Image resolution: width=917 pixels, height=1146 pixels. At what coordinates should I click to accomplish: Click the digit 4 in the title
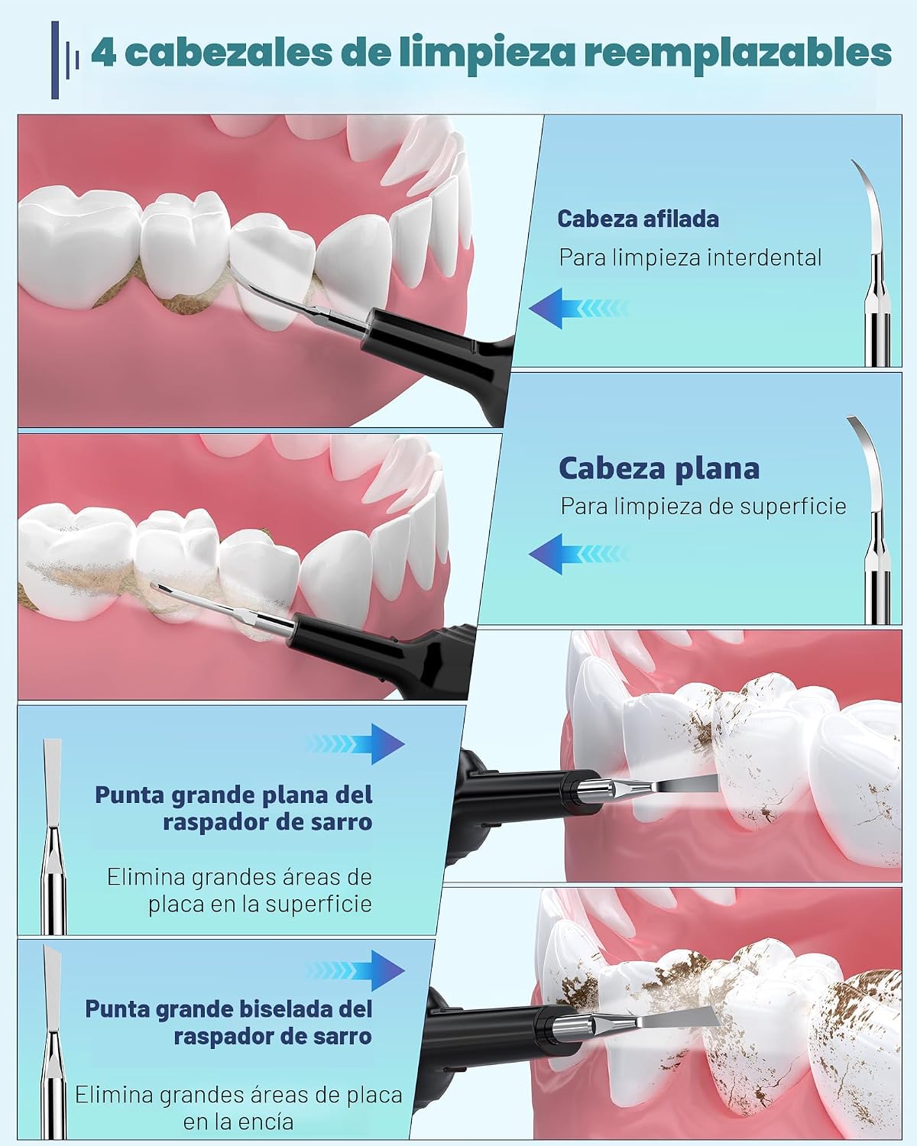103,53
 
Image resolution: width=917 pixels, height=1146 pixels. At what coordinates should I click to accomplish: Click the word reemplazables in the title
738,53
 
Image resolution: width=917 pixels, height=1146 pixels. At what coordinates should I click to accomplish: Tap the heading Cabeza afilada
638,219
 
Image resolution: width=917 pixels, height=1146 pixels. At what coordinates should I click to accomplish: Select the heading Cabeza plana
659,468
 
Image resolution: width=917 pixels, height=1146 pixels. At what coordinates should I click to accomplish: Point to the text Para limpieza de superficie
703,506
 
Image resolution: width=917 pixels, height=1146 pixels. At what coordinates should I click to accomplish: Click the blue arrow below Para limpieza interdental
578,308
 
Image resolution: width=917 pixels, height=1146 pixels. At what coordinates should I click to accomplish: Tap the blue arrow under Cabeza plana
578,554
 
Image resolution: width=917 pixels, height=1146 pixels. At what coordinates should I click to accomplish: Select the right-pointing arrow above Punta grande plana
355,744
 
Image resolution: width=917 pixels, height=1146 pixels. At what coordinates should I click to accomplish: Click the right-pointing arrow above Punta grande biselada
355,970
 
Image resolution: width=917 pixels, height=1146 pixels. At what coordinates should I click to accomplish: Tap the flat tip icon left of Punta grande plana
53,836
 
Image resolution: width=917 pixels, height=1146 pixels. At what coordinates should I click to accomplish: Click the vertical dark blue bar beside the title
55,60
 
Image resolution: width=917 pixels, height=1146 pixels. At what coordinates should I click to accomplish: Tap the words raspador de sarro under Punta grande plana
267,822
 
